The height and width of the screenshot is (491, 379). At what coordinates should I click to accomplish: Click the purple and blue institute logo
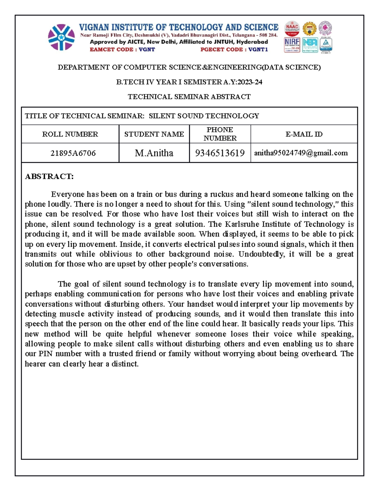click(61, 37)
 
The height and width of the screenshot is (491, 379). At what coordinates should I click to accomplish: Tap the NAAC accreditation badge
click(292, 29)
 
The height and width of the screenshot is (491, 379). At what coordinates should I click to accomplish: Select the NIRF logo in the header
click(292, 45)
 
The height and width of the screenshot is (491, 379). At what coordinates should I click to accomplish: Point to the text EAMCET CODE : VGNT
click(122, 49)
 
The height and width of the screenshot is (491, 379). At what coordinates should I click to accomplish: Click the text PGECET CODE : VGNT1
click(234, 49)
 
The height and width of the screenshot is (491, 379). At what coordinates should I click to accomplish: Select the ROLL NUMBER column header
click(70, 134)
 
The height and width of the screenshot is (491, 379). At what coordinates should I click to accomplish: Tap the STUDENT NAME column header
click(154, 134)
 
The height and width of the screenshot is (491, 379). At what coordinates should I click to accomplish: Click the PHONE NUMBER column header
click(220, 134)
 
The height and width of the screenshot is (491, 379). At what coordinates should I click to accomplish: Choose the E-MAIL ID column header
click(304, 134)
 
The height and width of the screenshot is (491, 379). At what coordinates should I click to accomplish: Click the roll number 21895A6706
click(73, 153)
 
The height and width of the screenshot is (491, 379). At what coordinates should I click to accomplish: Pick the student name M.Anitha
click(154, 153)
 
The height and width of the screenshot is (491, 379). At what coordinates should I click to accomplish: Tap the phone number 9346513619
click(220, 153)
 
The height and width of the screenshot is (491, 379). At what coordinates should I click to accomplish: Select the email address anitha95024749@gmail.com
click(301, 153)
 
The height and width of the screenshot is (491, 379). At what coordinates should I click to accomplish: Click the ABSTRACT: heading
click(49, 176)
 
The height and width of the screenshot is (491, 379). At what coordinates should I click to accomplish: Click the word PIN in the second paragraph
click(45, 353)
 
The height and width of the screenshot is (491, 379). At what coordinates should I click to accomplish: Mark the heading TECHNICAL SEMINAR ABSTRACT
click(189, 97)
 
